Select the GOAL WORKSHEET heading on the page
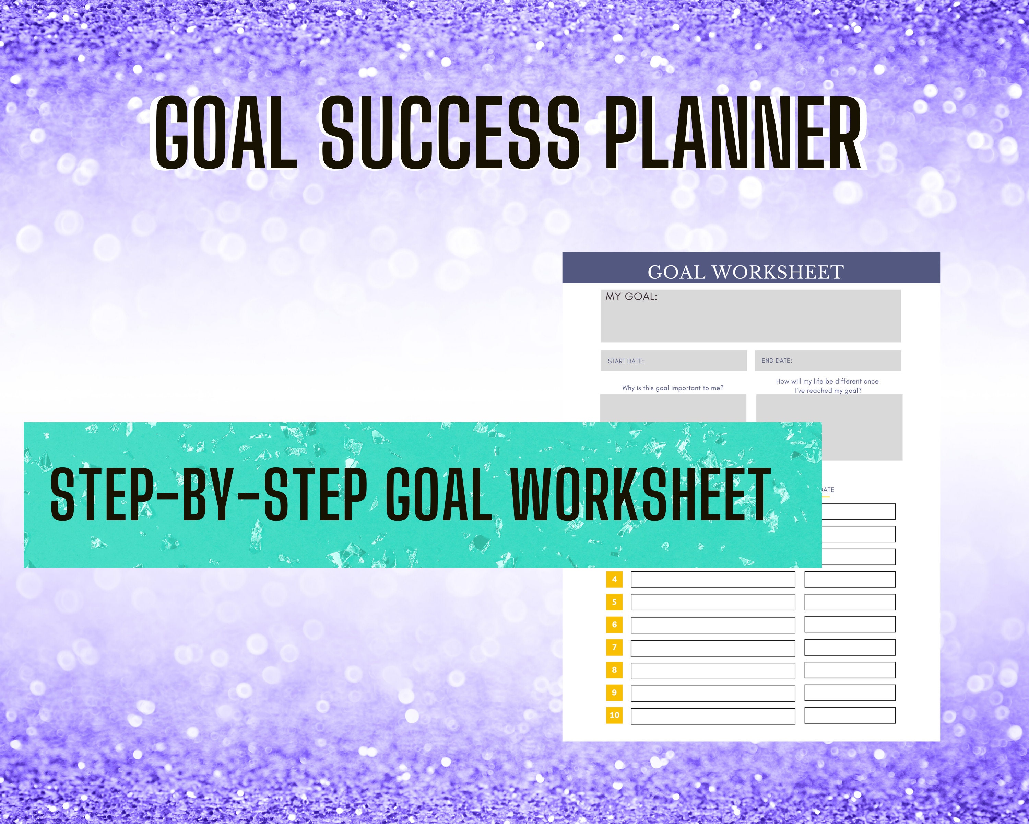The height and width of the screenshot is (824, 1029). point(745,272)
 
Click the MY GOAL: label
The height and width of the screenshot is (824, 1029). point(631,297)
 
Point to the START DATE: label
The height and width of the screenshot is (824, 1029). point(625,361)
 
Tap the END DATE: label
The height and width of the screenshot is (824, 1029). point(777,360)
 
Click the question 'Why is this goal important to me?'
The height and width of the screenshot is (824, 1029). point(673,388)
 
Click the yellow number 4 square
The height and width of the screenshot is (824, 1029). point(614,580)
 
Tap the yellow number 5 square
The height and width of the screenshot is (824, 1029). point(614,602)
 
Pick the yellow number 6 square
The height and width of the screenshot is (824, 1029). point(614,624)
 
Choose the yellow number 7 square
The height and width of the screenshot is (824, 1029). point(614,647)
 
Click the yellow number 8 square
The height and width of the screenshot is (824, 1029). point(614,670)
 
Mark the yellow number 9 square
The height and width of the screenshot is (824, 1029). point(614,692)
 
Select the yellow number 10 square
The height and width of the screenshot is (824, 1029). point(614,715)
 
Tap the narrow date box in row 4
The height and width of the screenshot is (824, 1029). point(850,580)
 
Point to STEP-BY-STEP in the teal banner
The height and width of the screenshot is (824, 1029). point(209,494)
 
